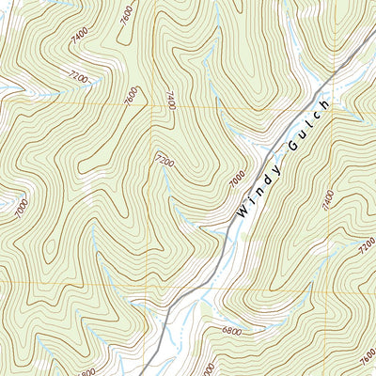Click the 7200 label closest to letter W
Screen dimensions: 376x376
pos(165,162)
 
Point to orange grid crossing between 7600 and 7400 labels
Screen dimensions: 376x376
pos(151,105)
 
